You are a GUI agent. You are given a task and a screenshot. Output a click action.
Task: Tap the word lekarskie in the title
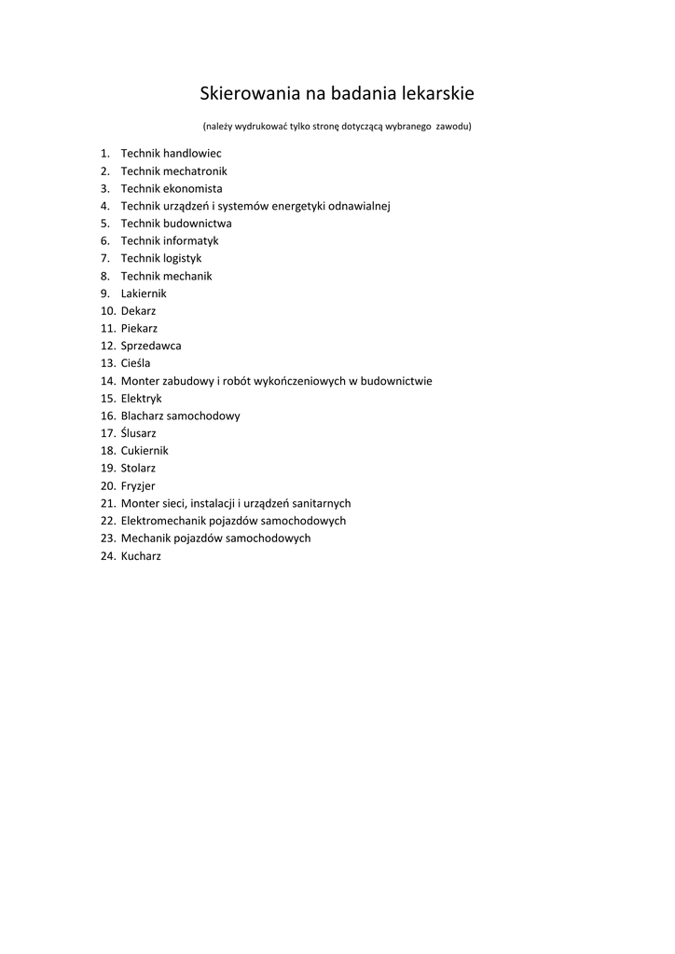coord(438,94)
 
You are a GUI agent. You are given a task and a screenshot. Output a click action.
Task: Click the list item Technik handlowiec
coord(171,153)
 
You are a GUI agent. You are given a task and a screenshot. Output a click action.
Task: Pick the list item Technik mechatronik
coord(173,171)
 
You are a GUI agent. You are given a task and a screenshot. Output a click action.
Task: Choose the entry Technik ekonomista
coord(172,188)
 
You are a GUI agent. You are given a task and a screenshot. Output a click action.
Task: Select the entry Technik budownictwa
coord(176,224)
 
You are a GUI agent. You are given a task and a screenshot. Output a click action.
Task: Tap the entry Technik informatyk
coord(170,240)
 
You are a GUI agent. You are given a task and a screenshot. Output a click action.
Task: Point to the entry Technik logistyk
coord(161,258)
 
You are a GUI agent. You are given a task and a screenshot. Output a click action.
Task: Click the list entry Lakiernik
coord(144,293)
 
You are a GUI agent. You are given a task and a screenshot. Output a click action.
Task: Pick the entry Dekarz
coord(139,310)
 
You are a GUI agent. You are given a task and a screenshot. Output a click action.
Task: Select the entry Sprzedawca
coord(151,346)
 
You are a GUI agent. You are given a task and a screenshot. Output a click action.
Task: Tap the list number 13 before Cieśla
coord(107,363)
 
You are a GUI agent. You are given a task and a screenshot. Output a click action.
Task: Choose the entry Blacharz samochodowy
coord(180,416)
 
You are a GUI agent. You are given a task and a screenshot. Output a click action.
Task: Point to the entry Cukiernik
coord(145,451)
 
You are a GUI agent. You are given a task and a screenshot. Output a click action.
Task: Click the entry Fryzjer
coord(138,485)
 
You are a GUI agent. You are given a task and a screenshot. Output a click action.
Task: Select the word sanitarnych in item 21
coord(321,503)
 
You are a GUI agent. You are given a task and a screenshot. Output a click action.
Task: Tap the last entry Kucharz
coord(141,556)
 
